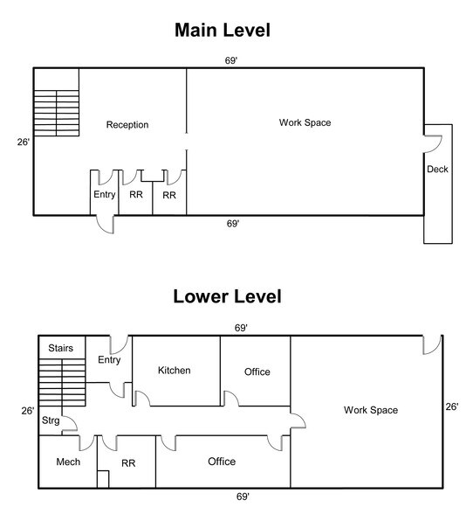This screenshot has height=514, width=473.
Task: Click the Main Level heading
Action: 223,30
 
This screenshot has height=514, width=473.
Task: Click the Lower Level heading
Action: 227,296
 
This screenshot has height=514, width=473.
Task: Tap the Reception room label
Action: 127,125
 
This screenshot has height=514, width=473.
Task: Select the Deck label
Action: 437,170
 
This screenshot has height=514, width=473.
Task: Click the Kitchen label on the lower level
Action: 175,371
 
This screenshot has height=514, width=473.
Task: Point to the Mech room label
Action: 68,462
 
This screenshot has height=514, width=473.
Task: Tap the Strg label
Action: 51,420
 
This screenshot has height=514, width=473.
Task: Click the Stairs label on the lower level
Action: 60,348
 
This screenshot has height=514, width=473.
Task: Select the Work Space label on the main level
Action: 305,123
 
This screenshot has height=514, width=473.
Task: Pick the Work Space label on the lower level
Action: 371,410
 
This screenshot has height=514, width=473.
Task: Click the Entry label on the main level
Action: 105,195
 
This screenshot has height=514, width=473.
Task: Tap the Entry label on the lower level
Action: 109,360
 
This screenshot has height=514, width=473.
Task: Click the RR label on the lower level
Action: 128,463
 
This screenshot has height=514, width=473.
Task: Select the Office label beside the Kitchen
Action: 257,372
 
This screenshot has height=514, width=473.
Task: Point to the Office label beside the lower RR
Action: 222,462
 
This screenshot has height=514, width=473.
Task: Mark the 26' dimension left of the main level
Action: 24,142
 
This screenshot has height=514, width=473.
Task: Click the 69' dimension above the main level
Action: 230,60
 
